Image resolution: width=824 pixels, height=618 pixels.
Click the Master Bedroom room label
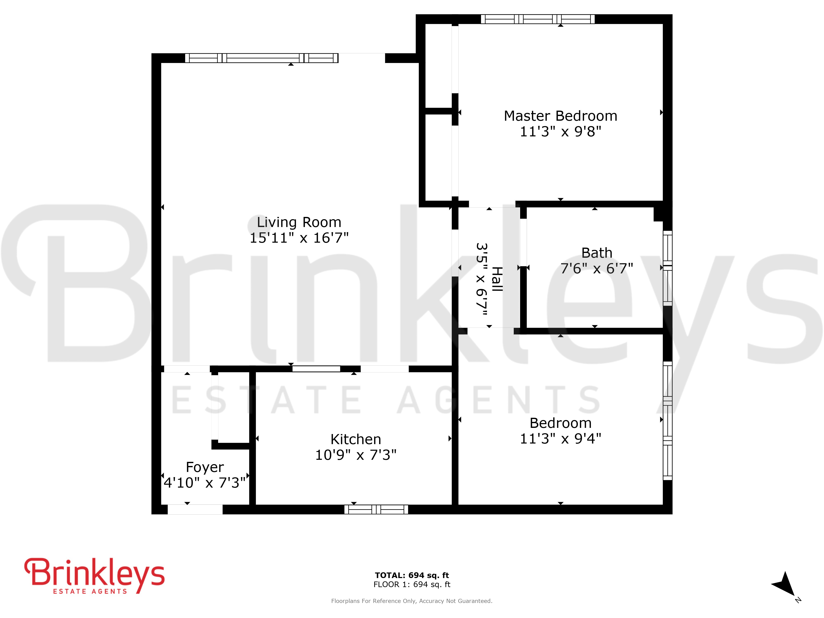[x=560, y=116]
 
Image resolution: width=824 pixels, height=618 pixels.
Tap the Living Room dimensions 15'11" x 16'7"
[x=299, y=238]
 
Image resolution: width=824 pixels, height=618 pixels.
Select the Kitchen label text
[x=356, y=439]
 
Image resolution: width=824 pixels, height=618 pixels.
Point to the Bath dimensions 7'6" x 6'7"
[x=597, y=268]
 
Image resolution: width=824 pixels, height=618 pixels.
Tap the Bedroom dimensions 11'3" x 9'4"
[x=560, y=438]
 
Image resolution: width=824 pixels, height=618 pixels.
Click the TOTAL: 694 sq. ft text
[x=412, y=575]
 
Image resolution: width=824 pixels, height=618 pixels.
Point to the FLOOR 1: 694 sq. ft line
[x=412, y=584]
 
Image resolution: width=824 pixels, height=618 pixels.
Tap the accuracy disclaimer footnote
[x=412, y=601]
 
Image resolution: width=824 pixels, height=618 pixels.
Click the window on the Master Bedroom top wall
[x=537, y=19]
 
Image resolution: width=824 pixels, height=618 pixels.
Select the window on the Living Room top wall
[x=261, y=58]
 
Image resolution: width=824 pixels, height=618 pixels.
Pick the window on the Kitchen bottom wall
[x=376, y=509]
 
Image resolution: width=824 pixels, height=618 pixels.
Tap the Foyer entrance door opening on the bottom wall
[x=195, y=509]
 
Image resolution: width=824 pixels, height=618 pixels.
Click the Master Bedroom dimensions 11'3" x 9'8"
[x=560, y=131]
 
